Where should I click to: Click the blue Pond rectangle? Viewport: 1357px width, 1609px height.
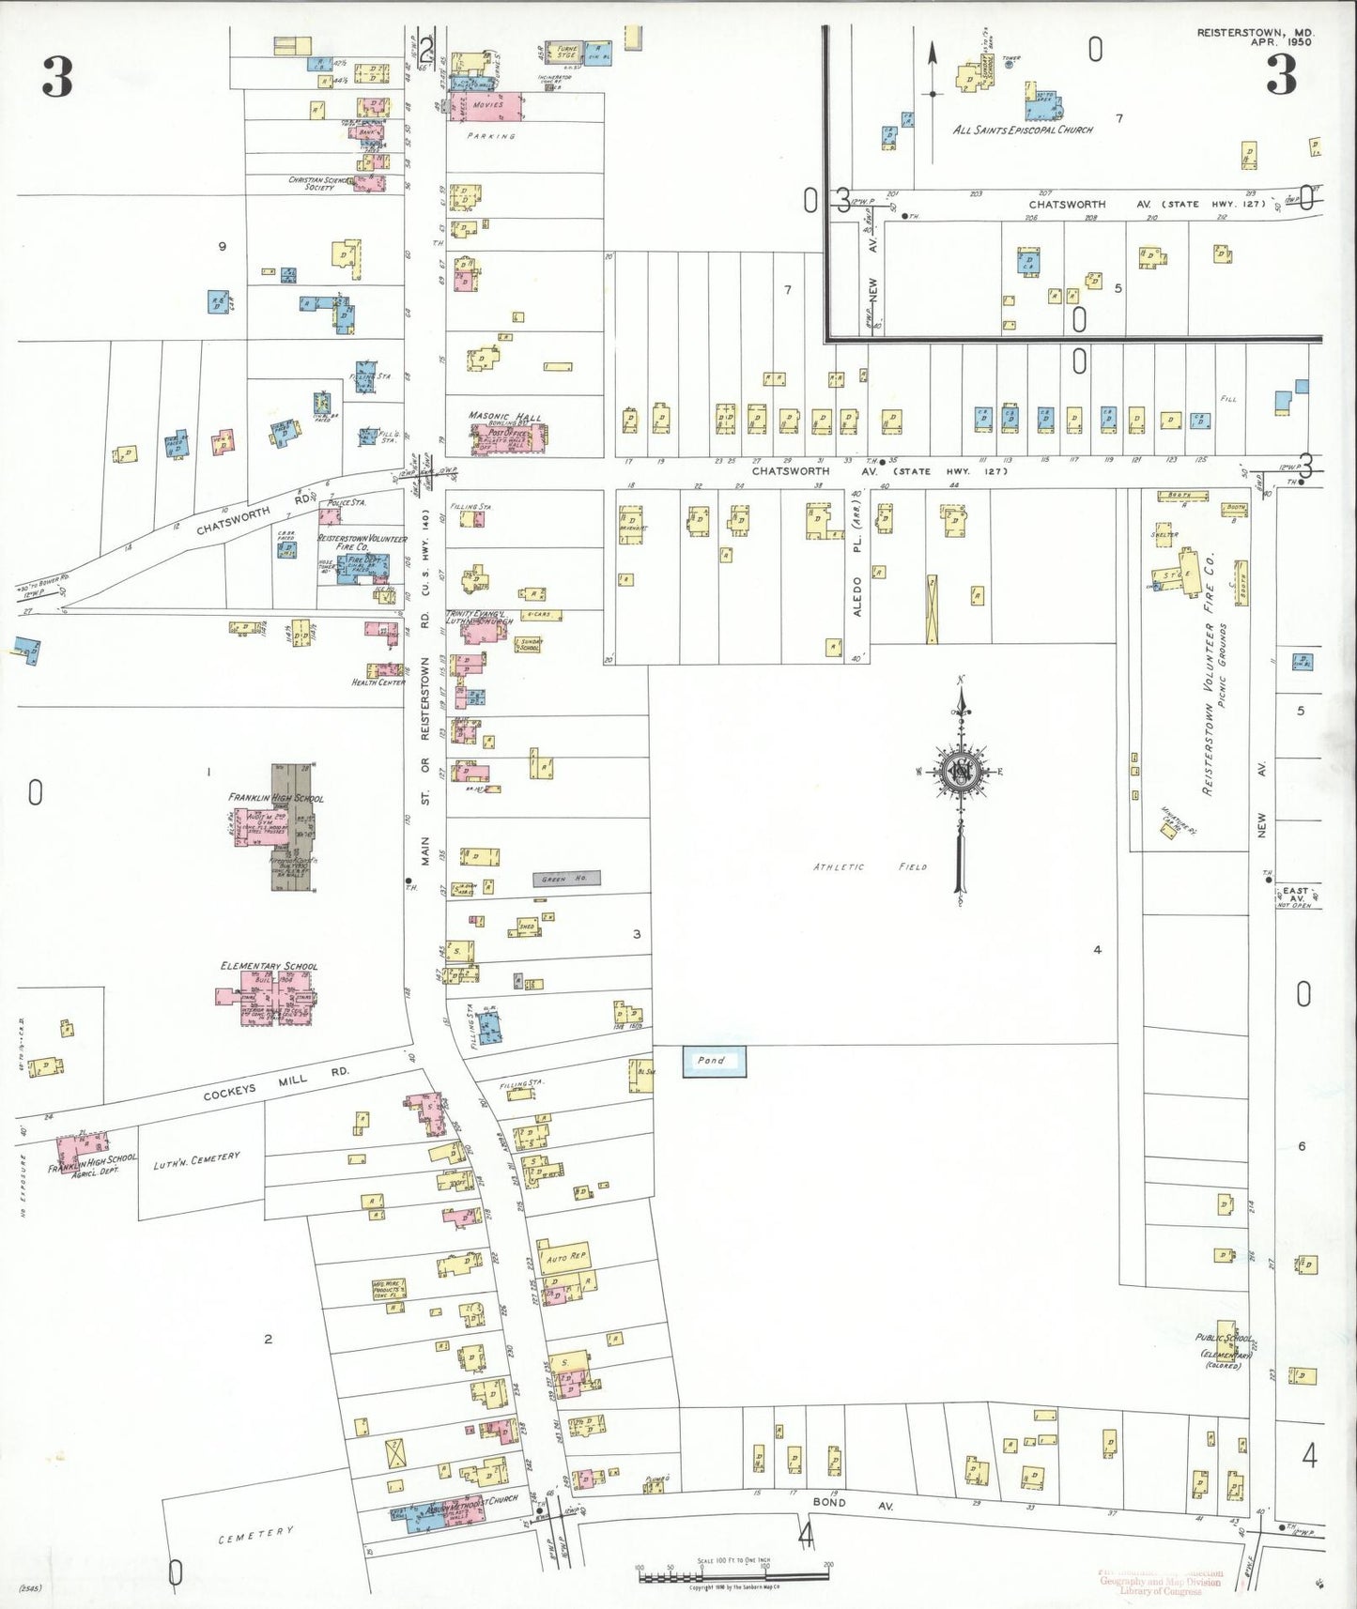point(714,1061)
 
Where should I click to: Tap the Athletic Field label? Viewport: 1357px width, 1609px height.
point(870,866)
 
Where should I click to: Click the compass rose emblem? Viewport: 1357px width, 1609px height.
point(961,772)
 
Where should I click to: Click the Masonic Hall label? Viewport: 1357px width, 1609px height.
point(504,416)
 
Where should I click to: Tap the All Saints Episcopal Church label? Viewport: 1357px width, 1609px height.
point(1023,130)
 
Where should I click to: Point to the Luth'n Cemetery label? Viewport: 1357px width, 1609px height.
point(196,1160)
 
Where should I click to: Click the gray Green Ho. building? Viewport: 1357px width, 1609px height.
point(566,879)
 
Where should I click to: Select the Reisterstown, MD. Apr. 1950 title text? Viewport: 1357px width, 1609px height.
point(1256,37)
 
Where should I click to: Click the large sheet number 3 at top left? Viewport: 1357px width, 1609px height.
point(57,77)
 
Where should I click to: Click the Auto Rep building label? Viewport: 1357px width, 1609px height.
point(566,1256)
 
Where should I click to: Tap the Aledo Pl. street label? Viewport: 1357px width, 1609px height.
point(856,581)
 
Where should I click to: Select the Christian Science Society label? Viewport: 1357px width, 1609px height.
point(318,183)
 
